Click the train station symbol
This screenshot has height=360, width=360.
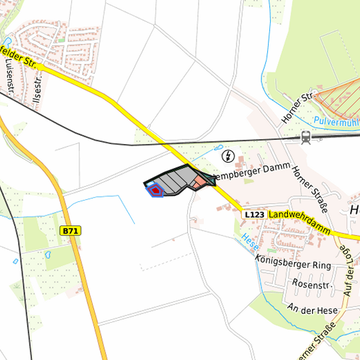point(306,137)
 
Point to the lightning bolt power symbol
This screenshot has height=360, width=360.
point(228,156)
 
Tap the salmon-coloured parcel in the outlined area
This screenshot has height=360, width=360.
point(198,182)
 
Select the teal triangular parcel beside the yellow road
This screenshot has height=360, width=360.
point(209,178)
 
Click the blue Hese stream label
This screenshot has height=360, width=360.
point(249,243)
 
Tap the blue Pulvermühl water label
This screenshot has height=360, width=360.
point(337,121)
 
